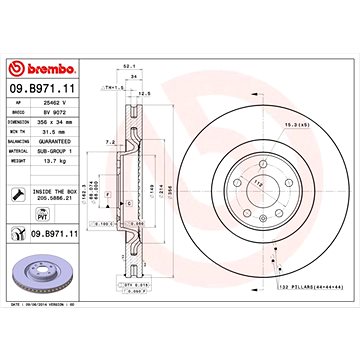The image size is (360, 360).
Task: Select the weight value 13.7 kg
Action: coord(62,160)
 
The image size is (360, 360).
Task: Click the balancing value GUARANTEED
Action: coord(66,140)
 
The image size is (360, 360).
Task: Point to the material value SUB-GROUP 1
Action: coord(66,150)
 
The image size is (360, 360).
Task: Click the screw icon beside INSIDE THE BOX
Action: coord(15,190)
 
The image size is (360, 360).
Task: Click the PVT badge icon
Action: coord(15,211)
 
